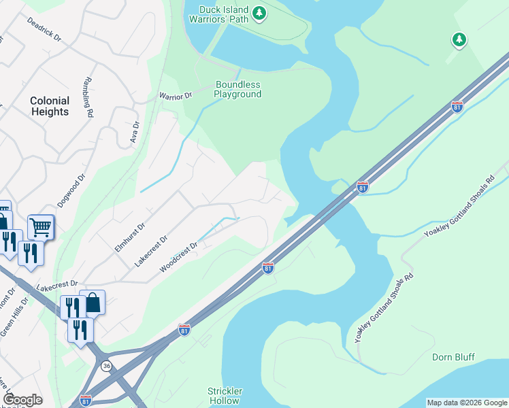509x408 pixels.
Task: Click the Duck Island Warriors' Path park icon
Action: pos(259,13)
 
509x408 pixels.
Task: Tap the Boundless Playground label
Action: pos(237,90)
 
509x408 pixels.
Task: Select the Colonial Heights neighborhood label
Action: pos(50,106)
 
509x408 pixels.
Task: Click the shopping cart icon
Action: pos(41,226)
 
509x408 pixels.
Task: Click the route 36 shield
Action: pos(106,366)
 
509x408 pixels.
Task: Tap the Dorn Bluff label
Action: pos(453,357)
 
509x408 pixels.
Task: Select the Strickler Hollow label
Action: pos(225,396)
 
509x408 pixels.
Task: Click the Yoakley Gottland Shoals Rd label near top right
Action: pos(460,207)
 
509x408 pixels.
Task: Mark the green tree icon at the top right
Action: pos(459,40)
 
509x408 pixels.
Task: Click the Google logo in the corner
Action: pos(22,400)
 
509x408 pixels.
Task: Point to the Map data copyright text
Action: pos(466,403)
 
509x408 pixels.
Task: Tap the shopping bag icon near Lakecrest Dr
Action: pos(93,302)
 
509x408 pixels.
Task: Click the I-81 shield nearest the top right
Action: pos(457,107)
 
